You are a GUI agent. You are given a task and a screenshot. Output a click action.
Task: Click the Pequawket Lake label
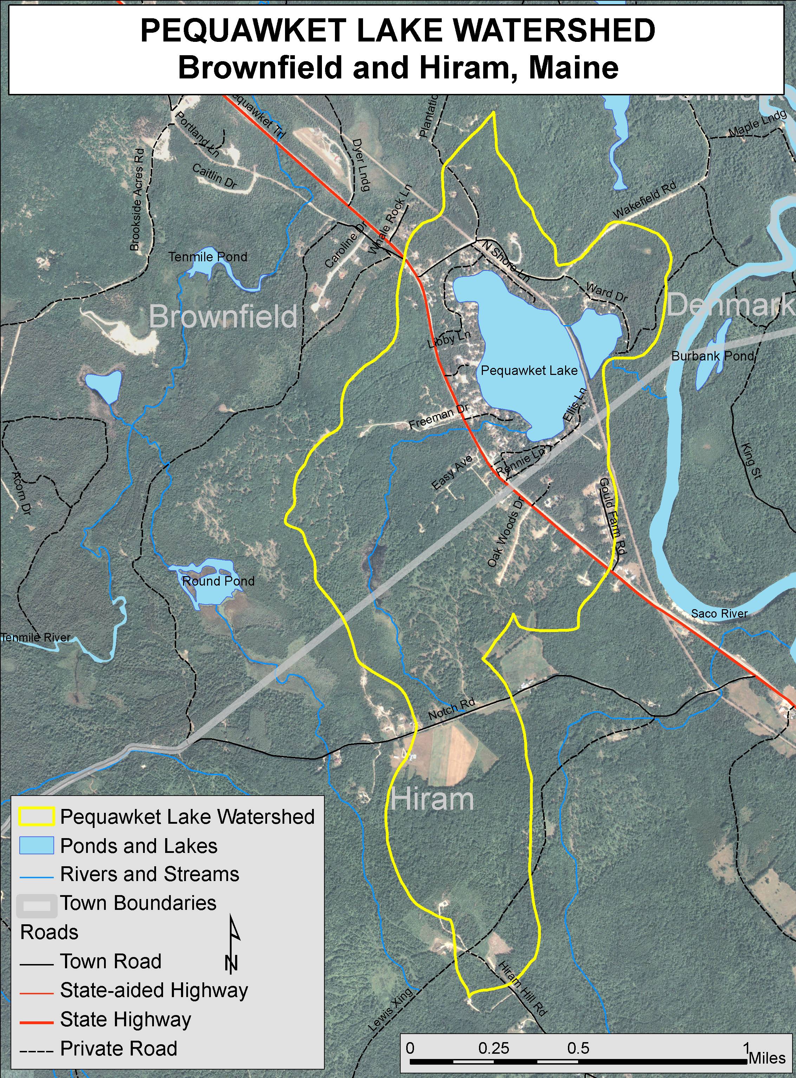[529, 371]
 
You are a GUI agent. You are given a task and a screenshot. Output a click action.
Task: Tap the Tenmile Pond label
[208, 257]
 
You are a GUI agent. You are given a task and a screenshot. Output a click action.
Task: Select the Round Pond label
[218, 581]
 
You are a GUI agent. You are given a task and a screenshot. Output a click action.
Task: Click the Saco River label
[719, 614]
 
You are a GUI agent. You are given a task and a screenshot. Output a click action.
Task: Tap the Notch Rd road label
[452, 709]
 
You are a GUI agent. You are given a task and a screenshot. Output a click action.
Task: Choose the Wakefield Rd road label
[644, 200]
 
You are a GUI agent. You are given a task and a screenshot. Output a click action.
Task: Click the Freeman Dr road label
[439, 417]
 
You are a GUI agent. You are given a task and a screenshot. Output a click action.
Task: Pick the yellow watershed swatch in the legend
[37, 817]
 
